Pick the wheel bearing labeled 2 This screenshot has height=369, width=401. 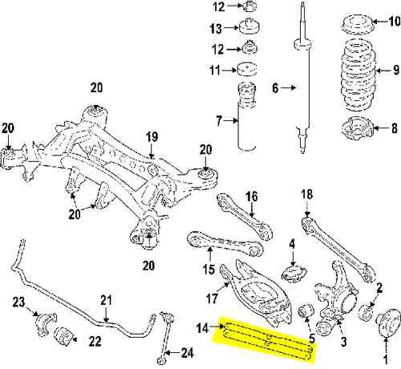point(371,308)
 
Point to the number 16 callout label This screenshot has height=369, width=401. point(251,196)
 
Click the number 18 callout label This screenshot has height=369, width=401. point(306,194)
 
